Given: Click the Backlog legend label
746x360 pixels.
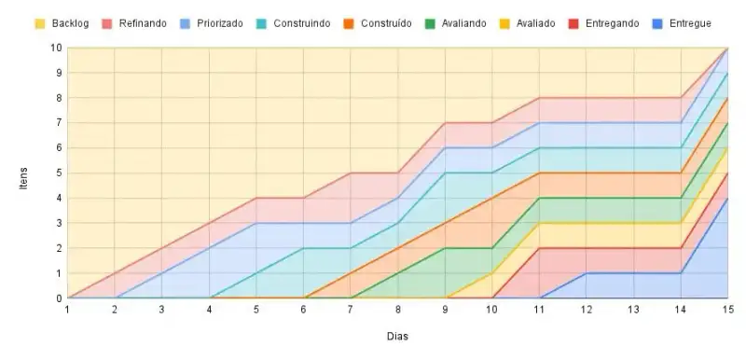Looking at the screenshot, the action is click(71, 23).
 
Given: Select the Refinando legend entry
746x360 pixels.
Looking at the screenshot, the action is click(143, 23).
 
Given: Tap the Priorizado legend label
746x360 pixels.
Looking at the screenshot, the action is click(220, 23).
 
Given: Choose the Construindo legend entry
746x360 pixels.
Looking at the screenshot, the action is click(301, 23).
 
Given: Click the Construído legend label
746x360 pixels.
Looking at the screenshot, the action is click(386, 23).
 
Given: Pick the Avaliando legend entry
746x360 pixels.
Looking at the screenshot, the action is click(463, 23).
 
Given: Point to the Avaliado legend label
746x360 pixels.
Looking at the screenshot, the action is click(535, 23).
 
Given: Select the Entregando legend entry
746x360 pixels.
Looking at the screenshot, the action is click(613, 23).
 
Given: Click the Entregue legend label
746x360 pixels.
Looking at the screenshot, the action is click(690, 23).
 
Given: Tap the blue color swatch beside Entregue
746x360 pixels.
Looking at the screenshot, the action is click(656, 23).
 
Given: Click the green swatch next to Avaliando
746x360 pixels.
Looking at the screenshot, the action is click(430, 23).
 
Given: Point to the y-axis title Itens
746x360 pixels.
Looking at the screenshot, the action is click(23, 178).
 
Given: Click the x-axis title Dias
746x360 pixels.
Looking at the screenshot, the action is click(397, 337).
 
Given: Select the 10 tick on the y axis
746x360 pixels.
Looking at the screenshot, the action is click(57, 48).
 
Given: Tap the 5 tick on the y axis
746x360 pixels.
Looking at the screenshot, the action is click(60, 173).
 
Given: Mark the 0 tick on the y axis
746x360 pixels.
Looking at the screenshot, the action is click(60, 298).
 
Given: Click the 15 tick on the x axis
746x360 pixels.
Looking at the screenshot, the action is click(728, 310).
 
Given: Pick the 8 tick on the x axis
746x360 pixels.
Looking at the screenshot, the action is click(398, 310).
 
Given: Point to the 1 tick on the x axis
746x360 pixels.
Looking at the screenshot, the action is click(67, 310).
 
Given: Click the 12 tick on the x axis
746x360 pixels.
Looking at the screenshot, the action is click(587, 310).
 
